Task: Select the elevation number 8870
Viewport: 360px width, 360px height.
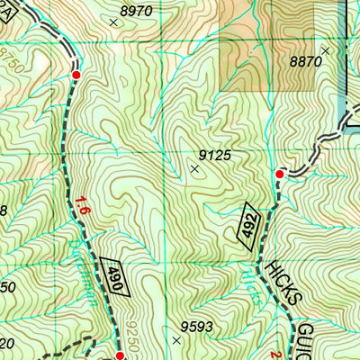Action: (305, 61)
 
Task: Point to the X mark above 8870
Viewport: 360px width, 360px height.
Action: (326, 50)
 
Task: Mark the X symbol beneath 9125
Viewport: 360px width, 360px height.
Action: (195, 167)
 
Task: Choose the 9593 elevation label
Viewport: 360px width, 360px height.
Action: (199, 326)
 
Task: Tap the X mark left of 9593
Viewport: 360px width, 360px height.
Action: (175, 340)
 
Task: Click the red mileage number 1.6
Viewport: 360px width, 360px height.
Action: (84, 205)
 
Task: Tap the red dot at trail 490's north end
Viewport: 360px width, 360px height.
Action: (76, 75)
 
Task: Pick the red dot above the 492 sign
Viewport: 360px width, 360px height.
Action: (279, 174)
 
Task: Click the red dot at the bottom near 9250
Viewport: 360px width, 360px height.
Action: (119, 355)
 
